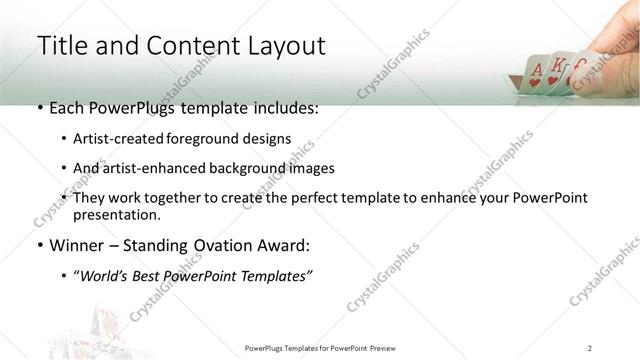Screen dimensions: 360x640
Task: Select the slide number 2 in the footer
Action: tap(590, 347)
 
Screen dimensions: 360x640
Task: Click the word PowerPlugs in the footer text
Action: tap(267, 347)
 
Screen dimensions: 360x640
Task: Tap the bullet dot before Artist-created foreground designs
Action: tap(65, 139)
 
